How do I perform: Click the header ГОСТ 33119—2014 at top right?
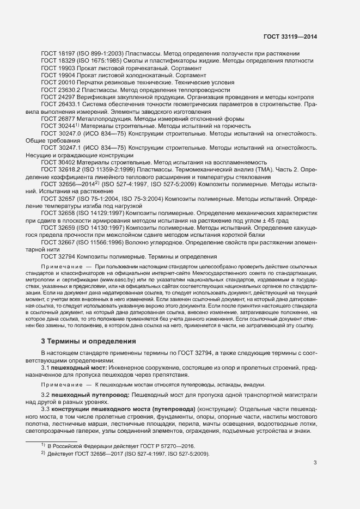coord(290,37)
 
